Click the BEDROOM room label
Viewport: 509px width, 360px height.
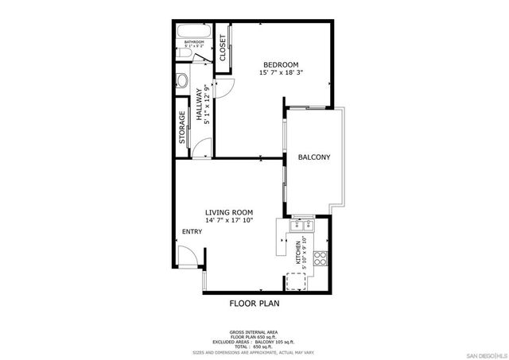[x=281, y=64]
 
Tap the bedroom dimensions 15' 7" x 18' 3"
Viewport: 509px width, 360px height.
[x=281, y=72]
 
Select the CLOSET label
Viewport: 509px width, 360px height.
[x=223, y=48]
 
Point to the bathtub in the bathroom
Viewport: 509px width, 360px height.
[x=194, y=34]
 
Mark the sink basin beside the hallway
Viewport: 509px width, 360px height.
[x=181, y=81]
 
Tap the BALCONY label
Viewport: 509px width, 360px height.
[x=314, y=157]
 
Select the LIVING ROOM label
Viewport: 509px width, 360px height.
[x=229, y=212]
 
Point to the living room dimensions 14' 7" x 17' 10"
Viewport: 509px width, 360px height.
[x=229, y=221]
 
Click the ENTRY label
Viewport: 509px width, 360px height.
[x=192, y=231]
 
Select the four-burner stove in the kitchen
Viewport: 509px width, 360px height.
[x=321, y=258]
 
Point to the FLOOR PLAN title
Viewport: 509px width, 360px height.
[x=254, y=303]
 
